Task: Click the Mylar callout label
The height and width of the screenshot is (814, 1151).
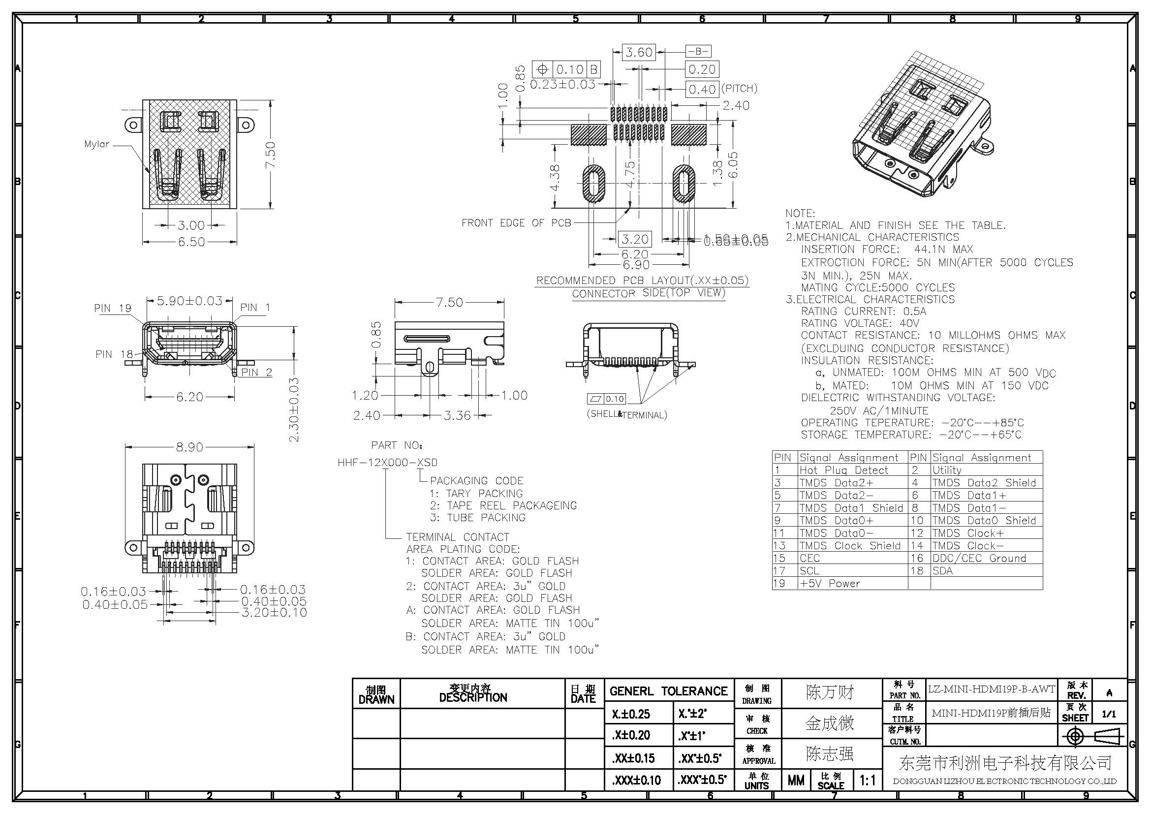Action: coord(96,144)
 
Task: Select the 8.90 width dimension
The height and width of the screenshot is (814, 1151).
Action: coord(189,446)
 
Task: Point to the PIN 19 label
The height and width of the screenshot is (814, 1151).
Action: coord(112,308)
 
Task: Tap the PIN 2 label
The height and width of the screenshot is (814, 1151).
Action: coord(256,372)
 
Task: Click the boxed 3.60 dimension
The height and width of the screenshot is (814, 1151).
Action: coord(639,52)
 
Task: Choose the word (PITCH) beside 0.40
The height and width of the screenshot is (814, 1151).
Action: coord(739,89)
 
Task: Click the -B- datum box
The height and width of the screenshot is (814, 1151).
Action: coord(698,51)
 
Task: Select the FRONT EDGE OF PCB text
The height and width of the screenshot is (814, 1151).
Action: coord(516,222)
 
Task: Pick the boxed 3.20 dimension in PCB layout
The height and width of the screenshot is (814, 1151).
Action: coord(635,239)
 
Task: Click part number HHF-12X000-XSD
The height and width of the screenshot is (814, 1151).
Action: coord(387,462)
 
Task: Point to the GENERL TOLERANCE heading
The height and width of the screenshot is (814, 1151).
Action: coord(668,691)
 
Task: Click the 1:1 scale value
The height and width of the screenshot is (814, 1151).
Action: coord(867,780)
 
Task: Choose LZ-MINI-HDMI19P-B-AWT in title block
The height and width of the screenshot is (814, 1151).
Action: coord(991,689)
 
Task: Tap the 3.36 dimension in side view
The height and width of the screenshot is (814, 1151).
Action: coord(457,415)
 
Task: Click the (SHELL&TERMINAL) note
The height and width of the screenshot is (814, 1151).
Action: coord(626,414)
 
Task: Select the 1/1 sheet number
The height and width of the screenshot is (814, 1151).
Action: coord(1109,713)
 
